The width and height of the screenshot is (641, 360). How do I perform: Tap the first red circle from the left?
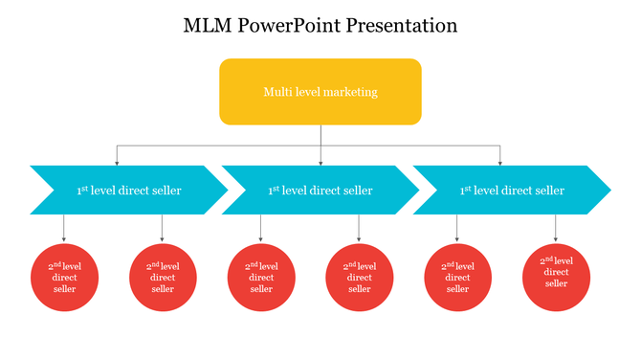pos(64,278)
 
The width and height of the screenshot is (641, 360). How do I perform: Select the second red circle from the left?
pos(163,278)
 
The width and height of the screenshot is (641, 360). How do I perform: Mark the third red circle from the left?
pos(261,278)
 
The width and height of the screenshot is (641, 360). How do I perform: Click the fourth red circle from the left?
pos(360,278)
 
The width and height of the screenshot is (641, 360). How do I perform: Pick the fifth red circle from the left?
pos(458,278)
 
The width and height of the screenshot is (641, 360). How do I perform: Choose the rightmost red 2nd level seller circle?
pos(557,278)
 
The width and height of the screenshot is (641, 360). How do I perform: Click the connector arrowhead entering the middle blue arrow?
pos(320,163)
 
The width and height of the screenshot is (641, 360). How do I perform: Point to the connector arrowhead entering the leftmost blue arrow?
pos(118,163)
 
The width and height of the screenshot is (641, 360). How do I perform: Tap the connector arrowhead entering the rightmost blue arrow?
pos(499,163)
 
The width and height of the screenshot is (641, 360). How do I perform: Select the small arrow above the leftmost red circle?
pos(64,238)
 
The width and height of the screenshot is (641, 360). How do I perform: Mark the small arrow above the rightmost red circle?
pos(556,238)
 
